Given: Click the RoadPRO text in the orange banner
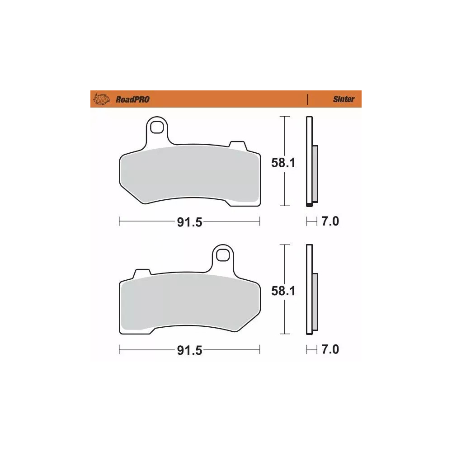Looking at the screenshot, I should [132, 99].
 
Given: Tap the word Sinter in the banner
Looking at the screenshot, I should [344, 99].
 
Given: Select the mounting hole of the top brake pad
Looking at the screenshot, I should [157, 127].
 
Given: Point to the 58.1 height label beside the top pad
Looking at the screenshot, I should [283, 163].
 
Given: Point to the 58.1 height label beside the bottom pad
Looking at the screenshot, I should [283, 291].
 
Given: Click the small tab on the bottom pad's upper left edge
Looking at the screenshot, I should [142, 274].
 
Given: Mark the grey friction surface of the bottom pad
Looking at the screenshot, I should [190, 303].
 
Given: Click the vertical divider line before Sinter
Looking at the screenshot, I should [307, 99].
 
